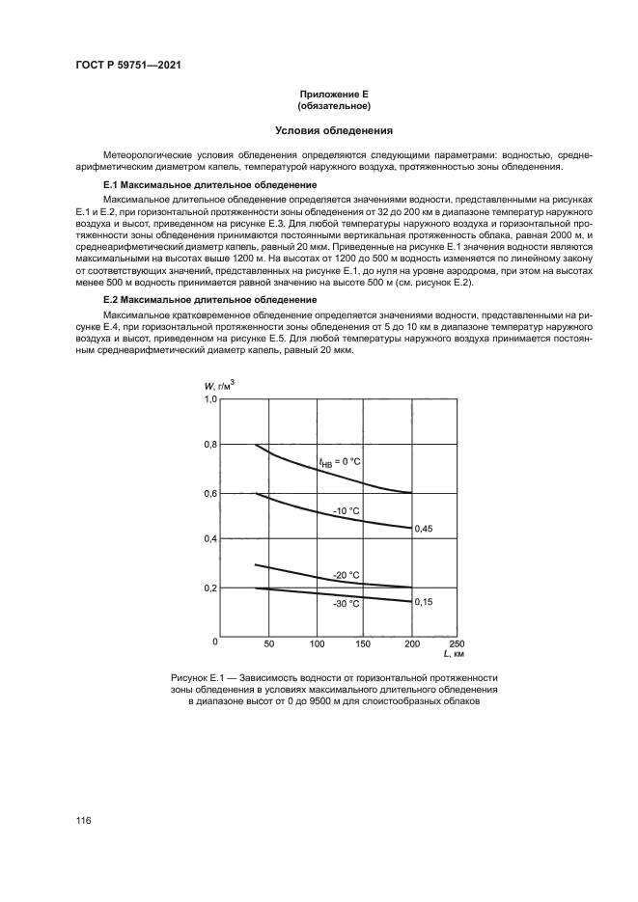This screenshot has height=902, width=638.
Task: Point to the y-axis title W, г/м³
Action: (x=219, y=386)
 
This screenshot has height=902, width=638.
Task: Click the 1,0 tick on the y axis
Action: (x=210, y=398)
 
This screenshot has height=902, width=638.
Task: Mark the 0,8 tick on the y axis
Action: (x=210, y=445)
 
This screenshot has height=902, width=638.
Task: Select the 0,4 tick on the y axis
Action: (x=210, y=539)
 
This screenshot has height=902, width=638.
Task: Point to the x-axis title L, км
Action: (x=453, y=655)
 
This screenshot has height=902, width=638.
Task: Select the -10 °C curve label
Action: (x=347, y=509)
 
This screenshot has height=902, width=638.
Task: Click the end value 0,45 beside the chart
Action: (x=423, y=529)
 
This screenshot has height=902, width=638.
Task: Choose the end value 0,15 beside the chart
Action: (x=423, y=601)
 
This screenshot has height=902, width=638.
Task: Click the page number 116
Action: (x=84, y=820)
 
